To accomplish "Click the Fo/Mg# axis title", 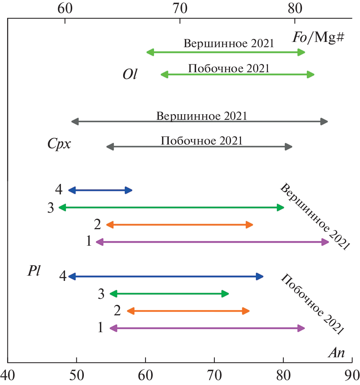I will click(x=318, y=37).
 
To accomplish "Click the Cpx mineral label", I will click(x=59, y=144).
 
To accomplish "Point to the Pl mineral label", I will click(x=33, y=270).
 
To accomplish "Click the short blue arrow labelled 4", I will click(x=100, y=190).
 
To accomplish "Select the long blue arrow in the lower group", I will click(x=166, y=277).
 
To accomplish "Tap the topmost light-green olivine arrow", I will click(x=226, y=52).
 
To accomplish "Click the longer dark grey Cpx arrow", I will click(x=199, y=121).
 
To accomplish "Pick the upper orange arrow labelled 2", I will click(x=180, y=225).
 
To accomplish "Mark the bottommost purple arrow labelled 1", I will click(x=207, y=328).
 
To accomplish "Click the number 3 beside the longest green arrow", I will click(x=51, y=208).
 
